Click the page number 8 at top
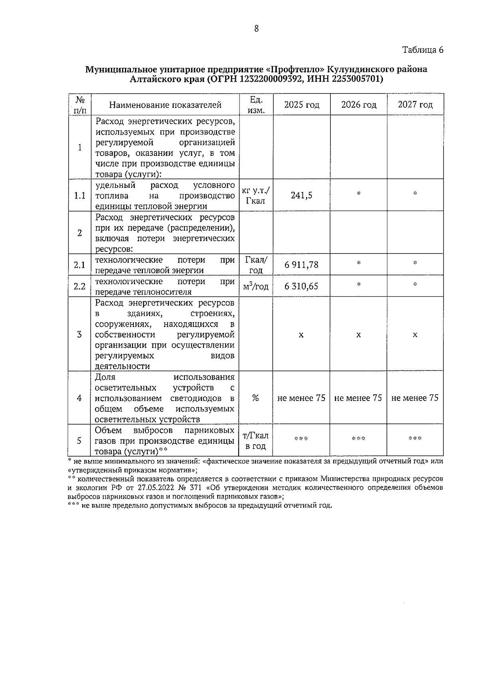256,29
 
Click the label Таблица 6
423,50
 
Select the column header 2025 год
302,105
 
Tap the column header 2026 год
358,105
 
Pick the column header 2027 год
415,105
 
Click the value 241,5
301,195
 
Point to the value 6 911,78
301,265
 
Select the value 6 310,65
301,286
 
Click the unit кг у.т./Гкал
255,195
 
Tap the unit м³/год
255,286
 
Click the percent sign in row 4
255,398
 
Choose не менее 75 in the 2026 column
358,398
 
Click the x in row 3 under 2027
415,335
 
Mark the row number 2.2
80,286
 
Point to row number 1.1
80,195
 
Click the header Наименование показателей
165,105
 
